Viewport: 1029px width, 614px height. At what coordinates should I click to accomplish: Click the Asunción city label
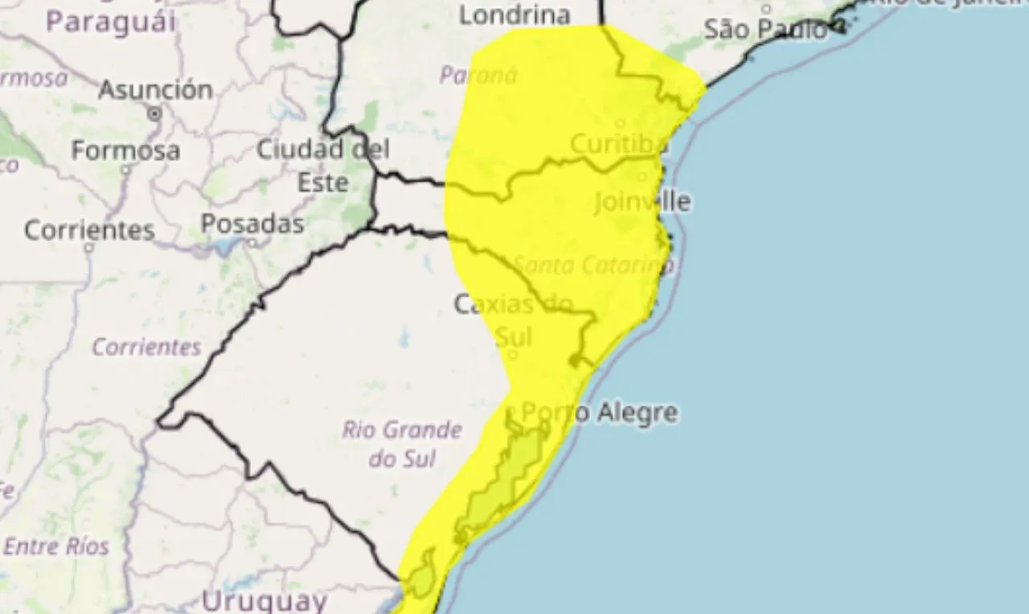coord(155,89)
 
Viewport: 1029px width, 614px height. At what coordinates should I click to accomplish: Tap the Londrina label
coord(514,14)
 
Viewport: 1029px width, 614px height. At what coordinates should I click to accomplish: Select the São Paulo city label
coord(765,31)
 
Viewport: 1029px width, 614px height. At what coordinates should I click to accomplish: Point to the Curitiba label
coord(619,145)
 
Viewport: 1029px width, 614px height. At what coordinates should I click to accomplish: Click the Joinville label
coord(642,201)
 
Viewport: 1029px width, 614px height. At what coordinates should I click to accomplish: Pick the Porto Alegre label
coord(599,413)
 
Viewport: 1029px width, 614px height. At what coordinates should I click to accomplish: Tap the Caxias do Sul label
coord(513,319)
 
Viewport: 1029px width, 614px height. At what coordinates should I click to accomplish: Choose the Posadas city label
coord(252,223)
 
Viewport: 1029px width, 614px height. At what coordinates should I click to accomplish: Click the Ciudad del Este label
coord(323,166)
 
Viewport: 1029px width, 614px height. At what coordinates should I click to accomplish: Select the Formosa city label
coord(125,150)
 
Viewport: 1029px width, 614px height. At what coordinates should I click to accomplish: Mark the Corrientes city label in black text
coord(89,231)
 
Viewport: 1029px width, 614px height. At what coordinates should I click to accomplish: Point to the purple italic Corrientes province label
coord(146,347)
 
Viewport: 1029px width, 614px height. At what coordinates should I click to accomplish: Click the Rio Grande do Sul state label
coord(402,444)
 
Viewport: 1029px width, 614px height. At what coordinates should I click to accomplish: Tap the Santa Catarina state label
coord(593,264)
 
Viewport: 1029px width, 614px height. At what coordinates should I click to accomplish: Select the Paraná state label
coord(478,76)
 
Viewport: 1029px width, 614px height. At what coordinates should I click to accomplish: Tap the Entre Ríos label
coord(55,546)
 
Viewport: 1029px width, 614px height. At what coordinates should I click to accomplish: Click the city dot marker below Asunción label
coord(154,115)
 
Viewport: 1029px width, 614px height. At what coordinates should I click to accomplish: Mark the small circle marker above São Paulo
coord(766,10)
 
